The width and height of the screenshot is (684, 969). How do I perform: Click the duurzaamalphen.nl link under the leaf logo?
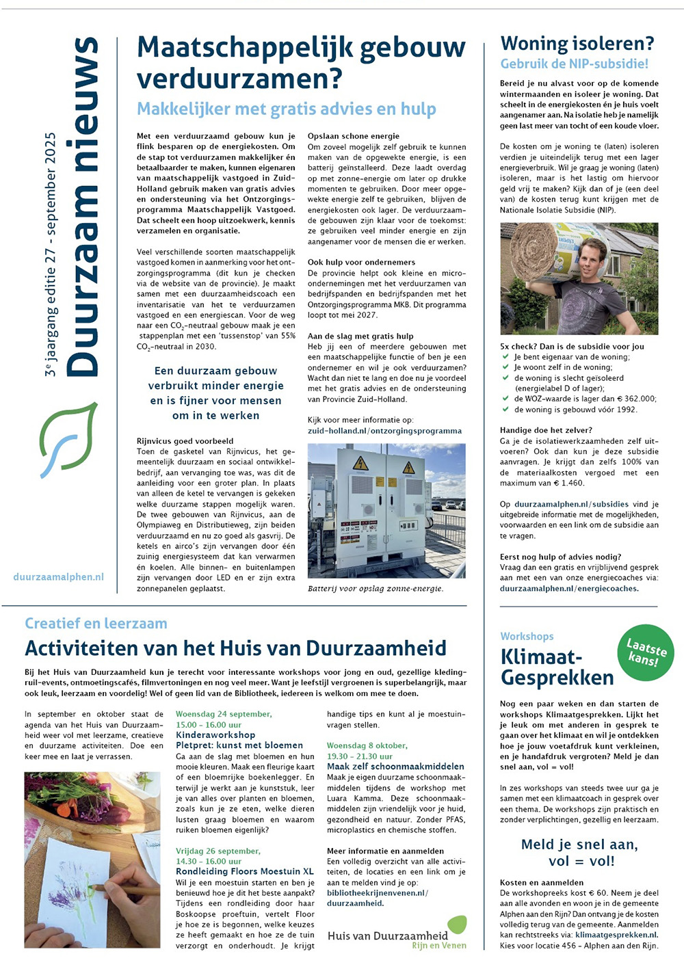(59, 576)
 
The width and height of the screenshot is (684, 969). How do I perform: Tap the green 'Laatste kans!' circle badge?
(646, 652)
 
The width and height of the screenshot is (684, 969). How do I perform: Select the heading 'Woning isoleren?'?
(577, 44)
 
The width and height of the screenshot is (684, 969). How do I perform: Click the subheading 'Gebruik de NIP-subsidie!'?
(574, 64)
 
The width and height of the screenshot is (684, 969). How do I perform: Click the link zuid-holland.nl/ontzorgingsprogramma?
(384, 431)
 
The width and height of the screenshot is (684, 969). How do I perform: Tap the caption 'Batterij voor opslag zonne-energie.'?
(375, 588)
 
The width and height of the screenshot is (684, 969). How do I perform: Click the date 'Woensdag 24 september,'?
(224, 714)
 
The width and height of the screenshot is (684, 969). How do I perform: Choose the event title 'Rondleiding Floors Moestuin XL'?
(244, 871)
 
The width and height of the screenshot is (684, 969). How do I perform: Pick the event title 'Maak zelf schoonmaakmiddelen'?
(395, 767)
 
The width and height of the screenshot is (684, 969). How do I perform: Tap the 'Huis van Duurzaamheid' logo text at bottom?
(388, 935)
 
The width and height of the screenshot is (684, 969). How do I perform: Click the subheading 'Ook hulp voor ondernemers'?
(361, 262)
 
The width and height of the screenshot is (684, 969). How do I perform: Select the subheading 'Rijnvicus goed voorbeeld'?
(185, 441)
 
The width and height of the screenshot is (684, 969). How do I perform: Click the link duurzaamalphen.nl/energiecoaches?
(568, 588)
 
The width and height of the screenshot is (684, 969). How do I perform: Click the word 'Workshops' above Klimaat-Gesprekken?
(527, 636)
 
